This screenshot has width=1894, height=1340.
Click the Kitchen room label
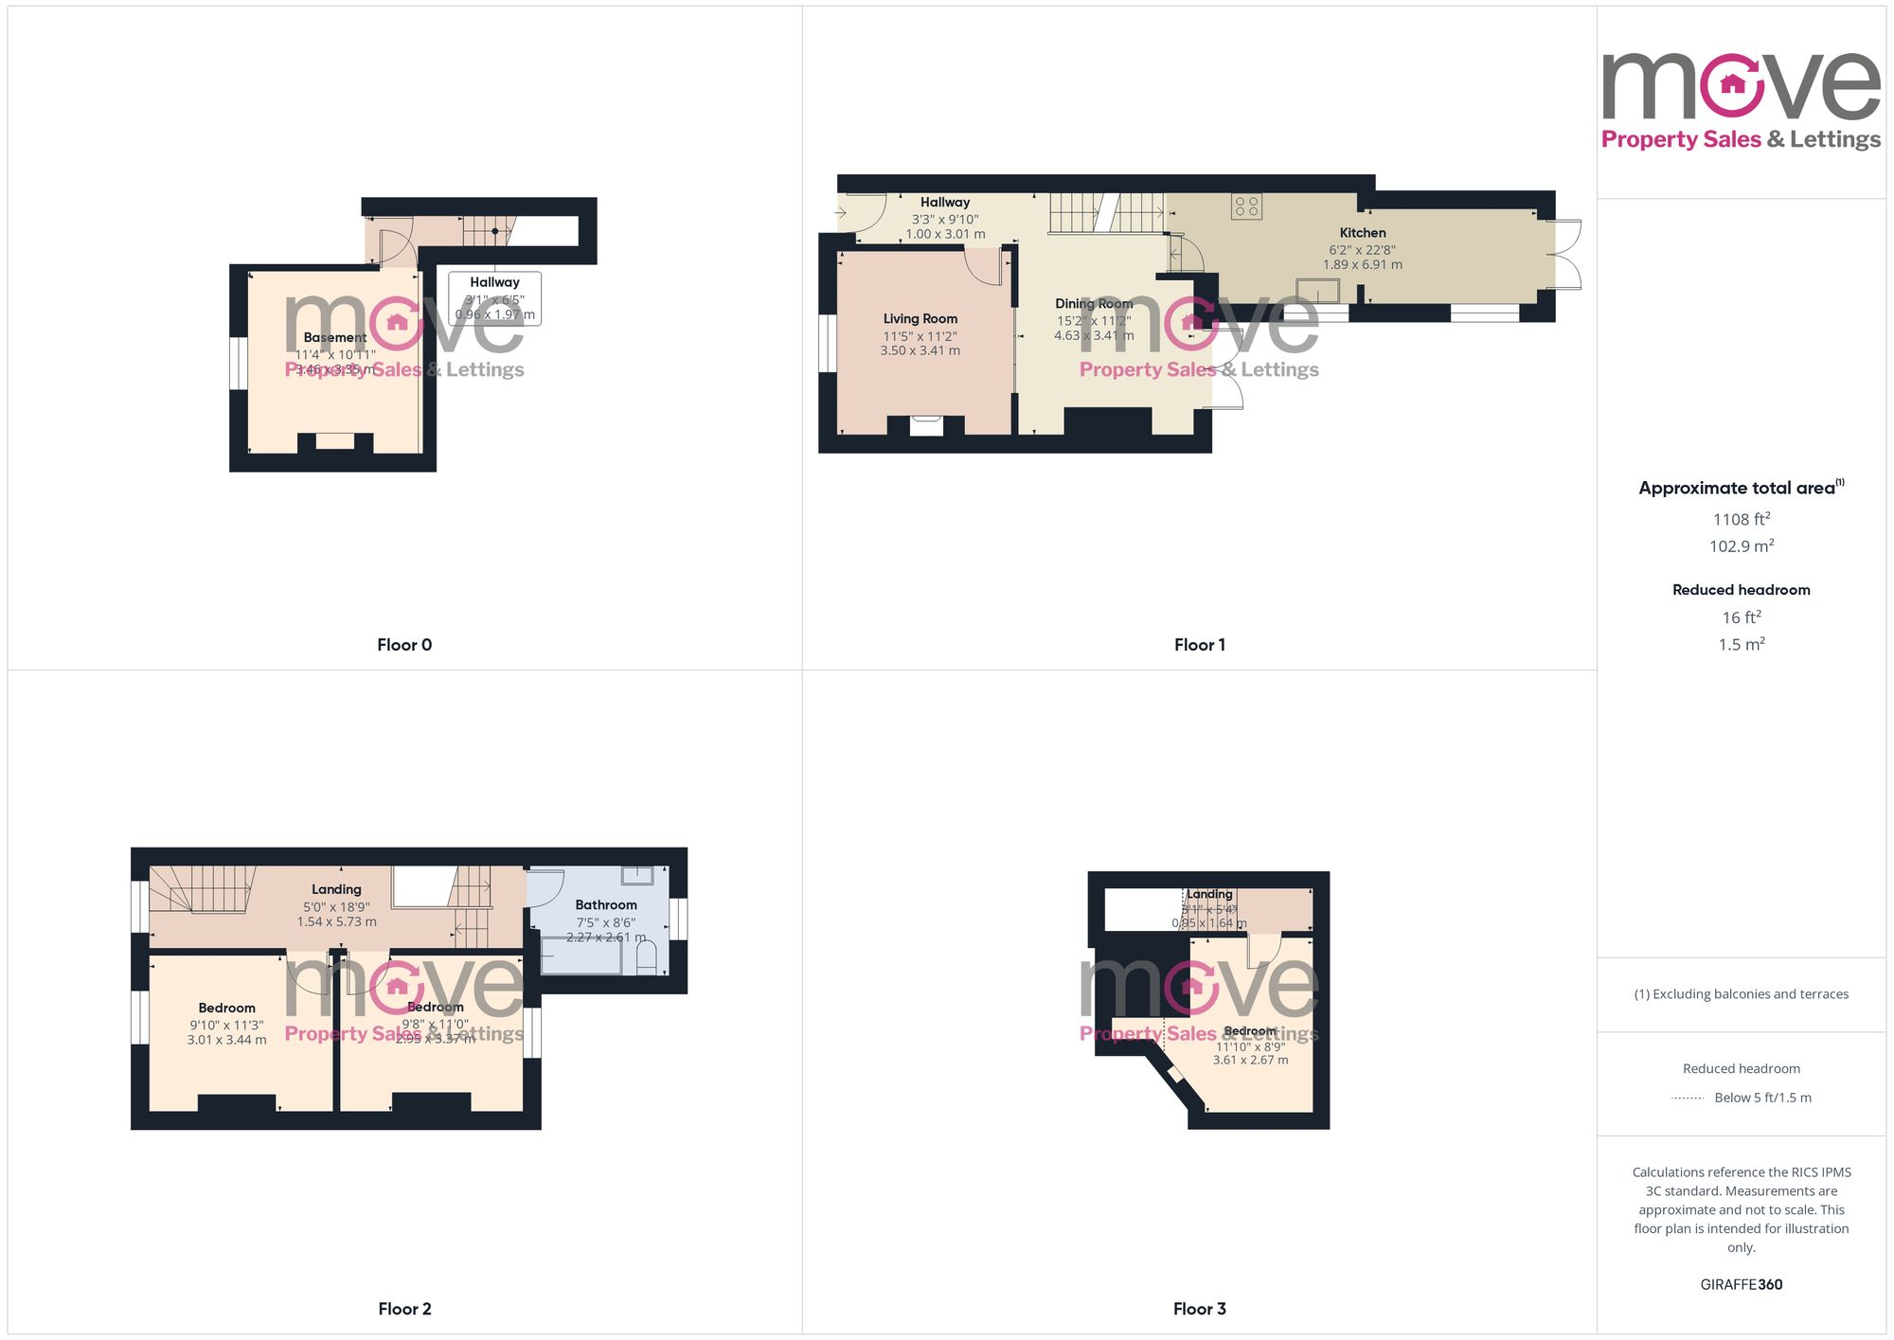point(1362,233)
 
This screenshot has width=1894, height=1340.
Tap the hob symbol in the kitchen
point(1246,205)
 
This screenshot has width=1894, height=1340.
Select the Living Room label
point(920,319)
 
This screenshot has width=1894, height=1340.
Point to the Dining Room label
point(1094,304)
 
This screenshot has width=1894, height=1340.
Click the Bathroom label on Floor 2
point(606,905)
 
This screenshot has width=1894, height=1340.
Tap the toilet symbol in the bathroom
point(647,958)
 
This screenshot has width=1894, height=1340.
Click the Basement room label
point(335,338)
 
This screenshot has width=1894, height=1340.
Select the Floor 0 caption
point(404,645)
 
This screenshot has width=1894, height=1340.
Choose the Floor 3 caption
point(1199,1309)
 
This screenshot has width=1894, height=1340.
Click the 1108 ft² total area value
point(1741,519)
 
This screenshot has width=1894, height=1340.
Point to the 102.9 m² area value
point(1741,546)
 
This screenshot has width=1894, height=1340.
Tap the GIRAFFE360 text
point(1741,1285)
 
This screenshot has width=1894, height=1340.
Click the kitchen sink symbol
point(1318,290)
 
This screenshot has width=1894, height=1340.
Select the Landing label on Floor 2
point(336,889)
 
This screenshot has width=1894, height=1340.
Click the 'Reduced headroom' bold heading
point(1741,590)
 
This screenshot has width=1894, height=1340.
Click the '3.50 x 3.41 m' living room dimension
point(920,351)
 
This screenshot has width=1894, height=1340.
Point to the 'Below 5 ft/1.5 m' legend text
point(1762,1098)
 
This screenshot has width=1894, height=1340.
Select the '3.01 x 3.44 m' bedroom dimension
point(226,1040)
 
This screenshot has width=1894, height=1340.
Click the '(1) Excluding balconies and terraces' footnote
point(1741,994)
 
